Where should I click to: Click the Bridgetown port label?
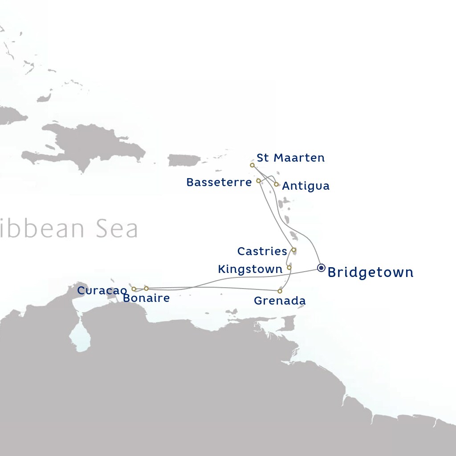click(x=370, y=272)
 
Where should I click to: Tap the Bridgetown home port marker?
click(x=321, y=268)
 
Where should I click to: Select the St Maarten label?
click(x=290, y=158)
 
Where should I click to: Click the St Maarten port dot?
click(x=252, y=165)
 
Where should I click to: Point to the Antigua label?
click(x=305, y=186)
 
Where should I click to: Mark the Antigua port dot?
click(x=276, y=184)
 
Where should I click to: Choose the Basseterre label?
click(x=219, y=183)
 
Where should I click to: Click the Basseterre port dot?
click(x=258, y=181)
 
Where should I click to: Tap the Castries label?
click(x=262, y=252)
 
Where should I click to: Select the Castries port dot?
click(x=293, y=250)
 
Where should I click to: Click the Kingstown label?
click(x=250, y=269)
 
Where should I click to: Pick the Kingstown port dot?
click(x=289, y=268)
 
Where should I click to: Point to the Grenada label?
click(x=280, y=301)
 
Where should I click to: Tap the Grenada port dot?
click(x=280, y=291)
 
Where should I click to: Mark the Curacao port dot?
click(x=134, y=289)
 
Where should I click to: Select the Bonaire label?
click(x=146, y=298)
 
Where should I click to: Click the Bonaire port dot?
click(x=146, y=289)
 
